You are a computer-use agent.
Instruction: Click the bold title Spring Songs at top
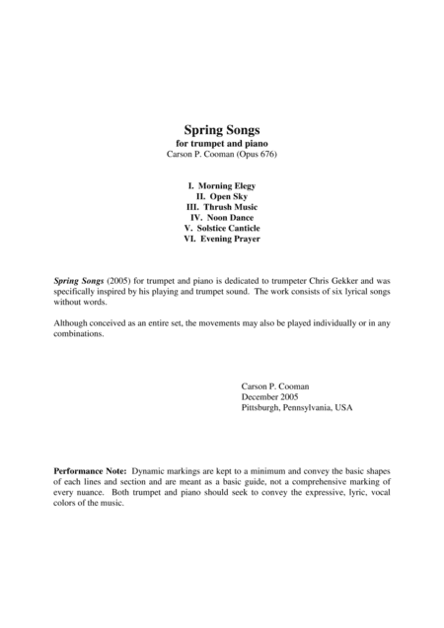click(x=221, y=129)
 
